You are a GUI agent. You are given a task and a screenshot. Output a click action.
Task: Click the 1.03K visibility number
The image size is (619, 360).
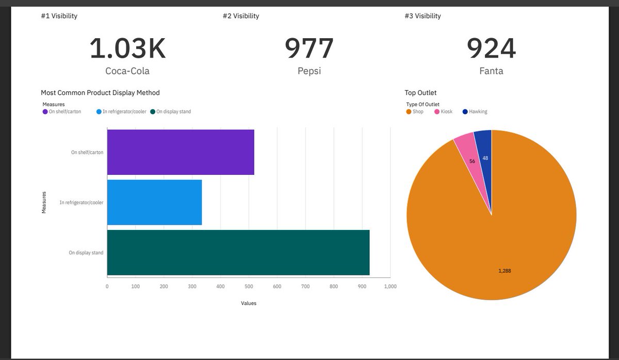(x=127, y=48)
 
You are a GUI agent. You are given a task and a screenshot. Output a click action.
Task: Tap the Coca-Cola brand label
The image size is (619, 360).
(x=127, y=71)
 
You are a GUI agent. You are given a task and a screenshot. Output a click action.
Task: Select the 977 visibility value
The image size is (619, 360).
(x=309, y=48)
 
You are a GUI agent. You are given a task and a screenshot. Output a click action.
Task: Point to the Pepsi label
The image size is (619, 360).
(x=309, y=71)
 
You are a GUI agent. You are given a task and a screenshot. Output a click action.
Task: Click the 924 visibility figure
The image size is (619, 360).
(x=491, y=48)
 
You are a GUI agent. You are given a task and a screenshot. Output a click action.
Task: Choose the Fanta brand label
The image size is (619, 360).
(x=491, y=71)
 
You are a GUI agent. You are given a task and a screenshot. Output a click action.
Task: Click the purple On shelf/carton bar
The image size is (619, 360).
(x=181, y=152)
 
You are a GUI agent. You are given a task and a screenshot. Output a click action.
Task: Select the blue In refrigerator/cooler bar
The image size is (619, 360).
(x=154, y=202)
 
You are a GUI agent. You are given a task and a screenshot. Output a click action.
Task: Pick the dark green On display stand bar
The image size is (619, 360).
(x=238, y=252)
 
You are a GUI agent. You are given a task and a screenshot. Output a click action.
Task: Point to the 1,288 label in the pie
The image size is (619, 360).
(x=505, y=271)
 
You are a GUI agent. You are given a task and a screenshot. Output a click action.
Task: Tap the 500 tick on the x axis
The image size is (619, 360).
(x=249, y=286)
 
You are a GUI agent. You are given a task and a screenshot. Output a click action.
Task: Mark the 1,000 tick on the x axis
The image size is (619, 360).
(x=390, y=286)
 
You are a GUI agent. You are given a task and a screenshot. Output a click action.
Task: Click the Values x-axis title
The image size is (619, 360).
(x=249, y=303)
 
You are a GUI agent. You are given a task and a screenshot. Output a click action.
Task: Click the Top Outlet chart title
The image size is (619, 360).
(x=420, y=93)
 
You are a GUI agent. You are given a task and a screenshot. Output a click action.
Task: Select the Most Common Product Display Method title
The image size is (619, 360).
(x=100, y=93)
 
